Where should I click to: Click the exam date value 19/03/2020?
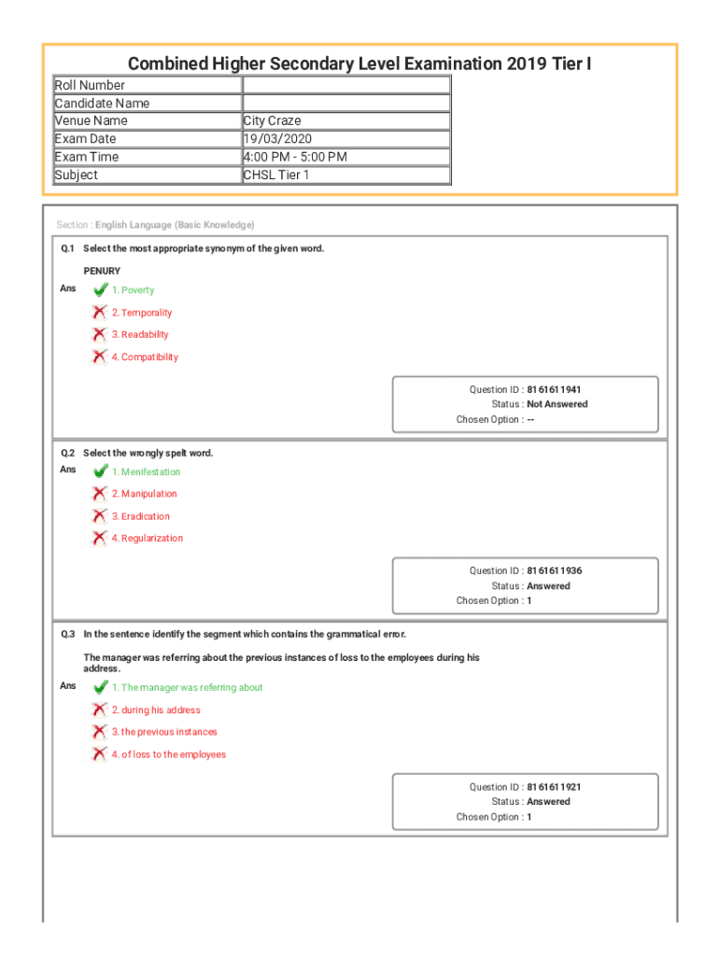[277, 139]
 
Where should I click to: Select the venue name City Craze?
[272, 120]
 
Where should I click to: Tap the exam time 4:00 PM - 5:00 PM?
[294, 157]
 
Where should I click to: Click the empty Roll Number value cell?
[345, 85]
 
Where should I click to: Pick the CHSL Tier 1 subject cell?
[275, 175]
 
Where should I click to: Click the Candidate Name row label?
[102, 103]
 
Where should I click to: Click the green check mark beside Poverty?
[100, 289]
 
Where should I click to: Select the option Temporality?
[142, 313]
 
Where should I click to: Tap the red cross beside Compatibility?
[99, 357]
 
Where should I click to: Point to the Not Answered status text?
[557, 404]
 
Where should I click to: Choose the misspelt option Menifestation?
[146, 472]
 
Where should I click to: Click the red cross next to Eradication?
[99, 516]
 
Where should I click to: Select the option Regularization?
[147, 539]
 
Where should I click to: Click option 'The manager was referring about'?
[187, 688]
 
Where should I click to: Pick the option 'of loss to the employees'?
[173, 754]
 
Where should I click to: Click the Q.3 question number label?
[67, 634]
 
